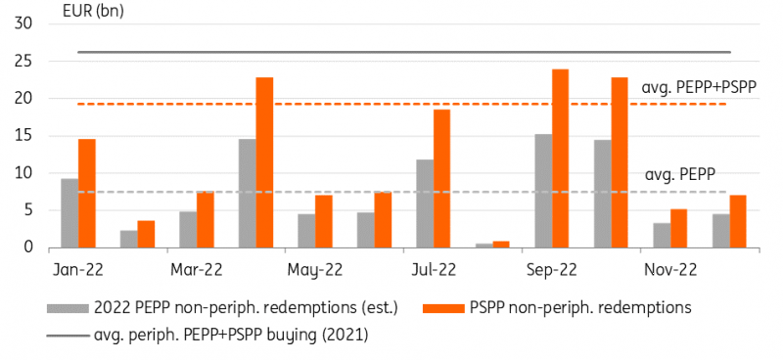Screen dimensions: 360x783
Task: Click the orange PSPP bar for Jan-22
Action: tap(87, 194)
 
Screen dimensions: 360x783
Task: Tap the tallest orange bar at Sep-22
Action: tap(560, 158)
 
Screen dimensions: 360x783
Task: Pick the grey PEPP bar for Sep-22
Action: tap(542, 191)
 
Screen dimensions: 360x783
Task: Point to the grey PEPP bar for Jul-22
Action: tap(424, 203)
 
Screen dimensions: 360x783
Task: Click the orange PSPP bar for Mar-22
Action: tap(206, 220)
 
